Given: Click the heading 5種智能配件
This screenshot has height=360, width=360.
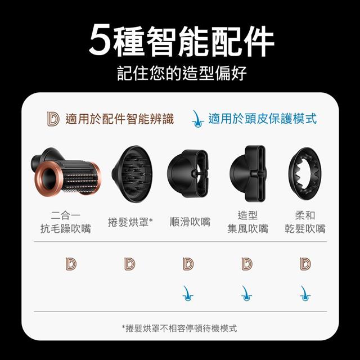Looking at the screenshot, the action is coord(181,41).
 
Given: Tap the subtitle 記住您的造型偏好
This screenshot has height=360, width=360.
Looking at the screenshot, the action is coord(182,73).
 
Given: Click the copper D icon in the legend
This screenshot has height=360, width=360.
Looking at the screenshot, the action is coord(53,119).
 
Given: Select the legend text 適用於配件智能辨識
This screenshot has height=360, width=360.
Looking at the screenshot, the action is coord(119,119).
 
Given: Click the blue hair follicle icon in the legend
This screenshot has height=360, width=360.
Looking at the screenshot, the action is coord(197,119).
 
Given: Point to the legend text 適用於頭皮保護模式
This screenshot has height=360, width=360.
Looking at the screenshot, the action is coord(263,119).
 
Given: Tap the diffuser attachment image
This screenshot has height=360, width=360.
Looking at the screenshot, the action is coord(132,174).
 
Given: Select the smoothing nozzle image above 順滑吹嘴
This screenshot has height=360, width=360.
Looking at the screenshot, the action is coord(188,174).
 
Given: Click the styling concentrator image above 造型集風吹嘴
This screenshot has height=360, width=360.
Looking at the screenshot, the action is coord(248,173).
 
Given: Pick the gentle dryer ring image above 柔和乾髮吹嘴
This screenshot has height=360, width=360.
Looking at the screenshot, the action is coord(305,174).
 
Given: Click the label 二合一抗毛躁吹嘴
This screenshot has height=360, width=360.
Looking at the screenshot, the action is coord(66,222).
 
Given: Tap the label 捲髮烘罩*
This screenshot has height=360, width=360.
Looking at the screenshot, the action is coord(130,222).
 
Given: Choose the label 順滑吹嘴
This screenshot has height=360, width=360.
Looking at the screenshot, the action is coord(190,222).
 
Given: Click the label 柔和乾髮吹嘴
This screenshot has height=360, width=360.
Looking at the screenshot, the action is coord(305,222).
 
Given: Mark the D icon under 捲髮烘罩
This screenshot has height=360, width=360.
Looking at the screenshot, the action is coord(130,264).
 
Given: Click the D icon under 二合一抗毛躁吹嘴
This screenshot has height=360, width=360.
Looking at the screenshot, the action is coord(71,264).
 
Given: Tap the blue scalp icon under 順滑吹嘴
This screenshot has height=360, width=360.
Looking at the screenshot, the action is coord(188,293).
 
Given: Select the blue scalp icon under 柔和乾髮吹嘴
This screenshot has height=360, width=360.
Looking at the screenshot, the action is coord(305,293).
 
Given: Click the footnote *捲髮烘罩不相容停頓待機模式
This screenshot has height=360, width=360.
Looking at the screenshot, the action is coord(179,328).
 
